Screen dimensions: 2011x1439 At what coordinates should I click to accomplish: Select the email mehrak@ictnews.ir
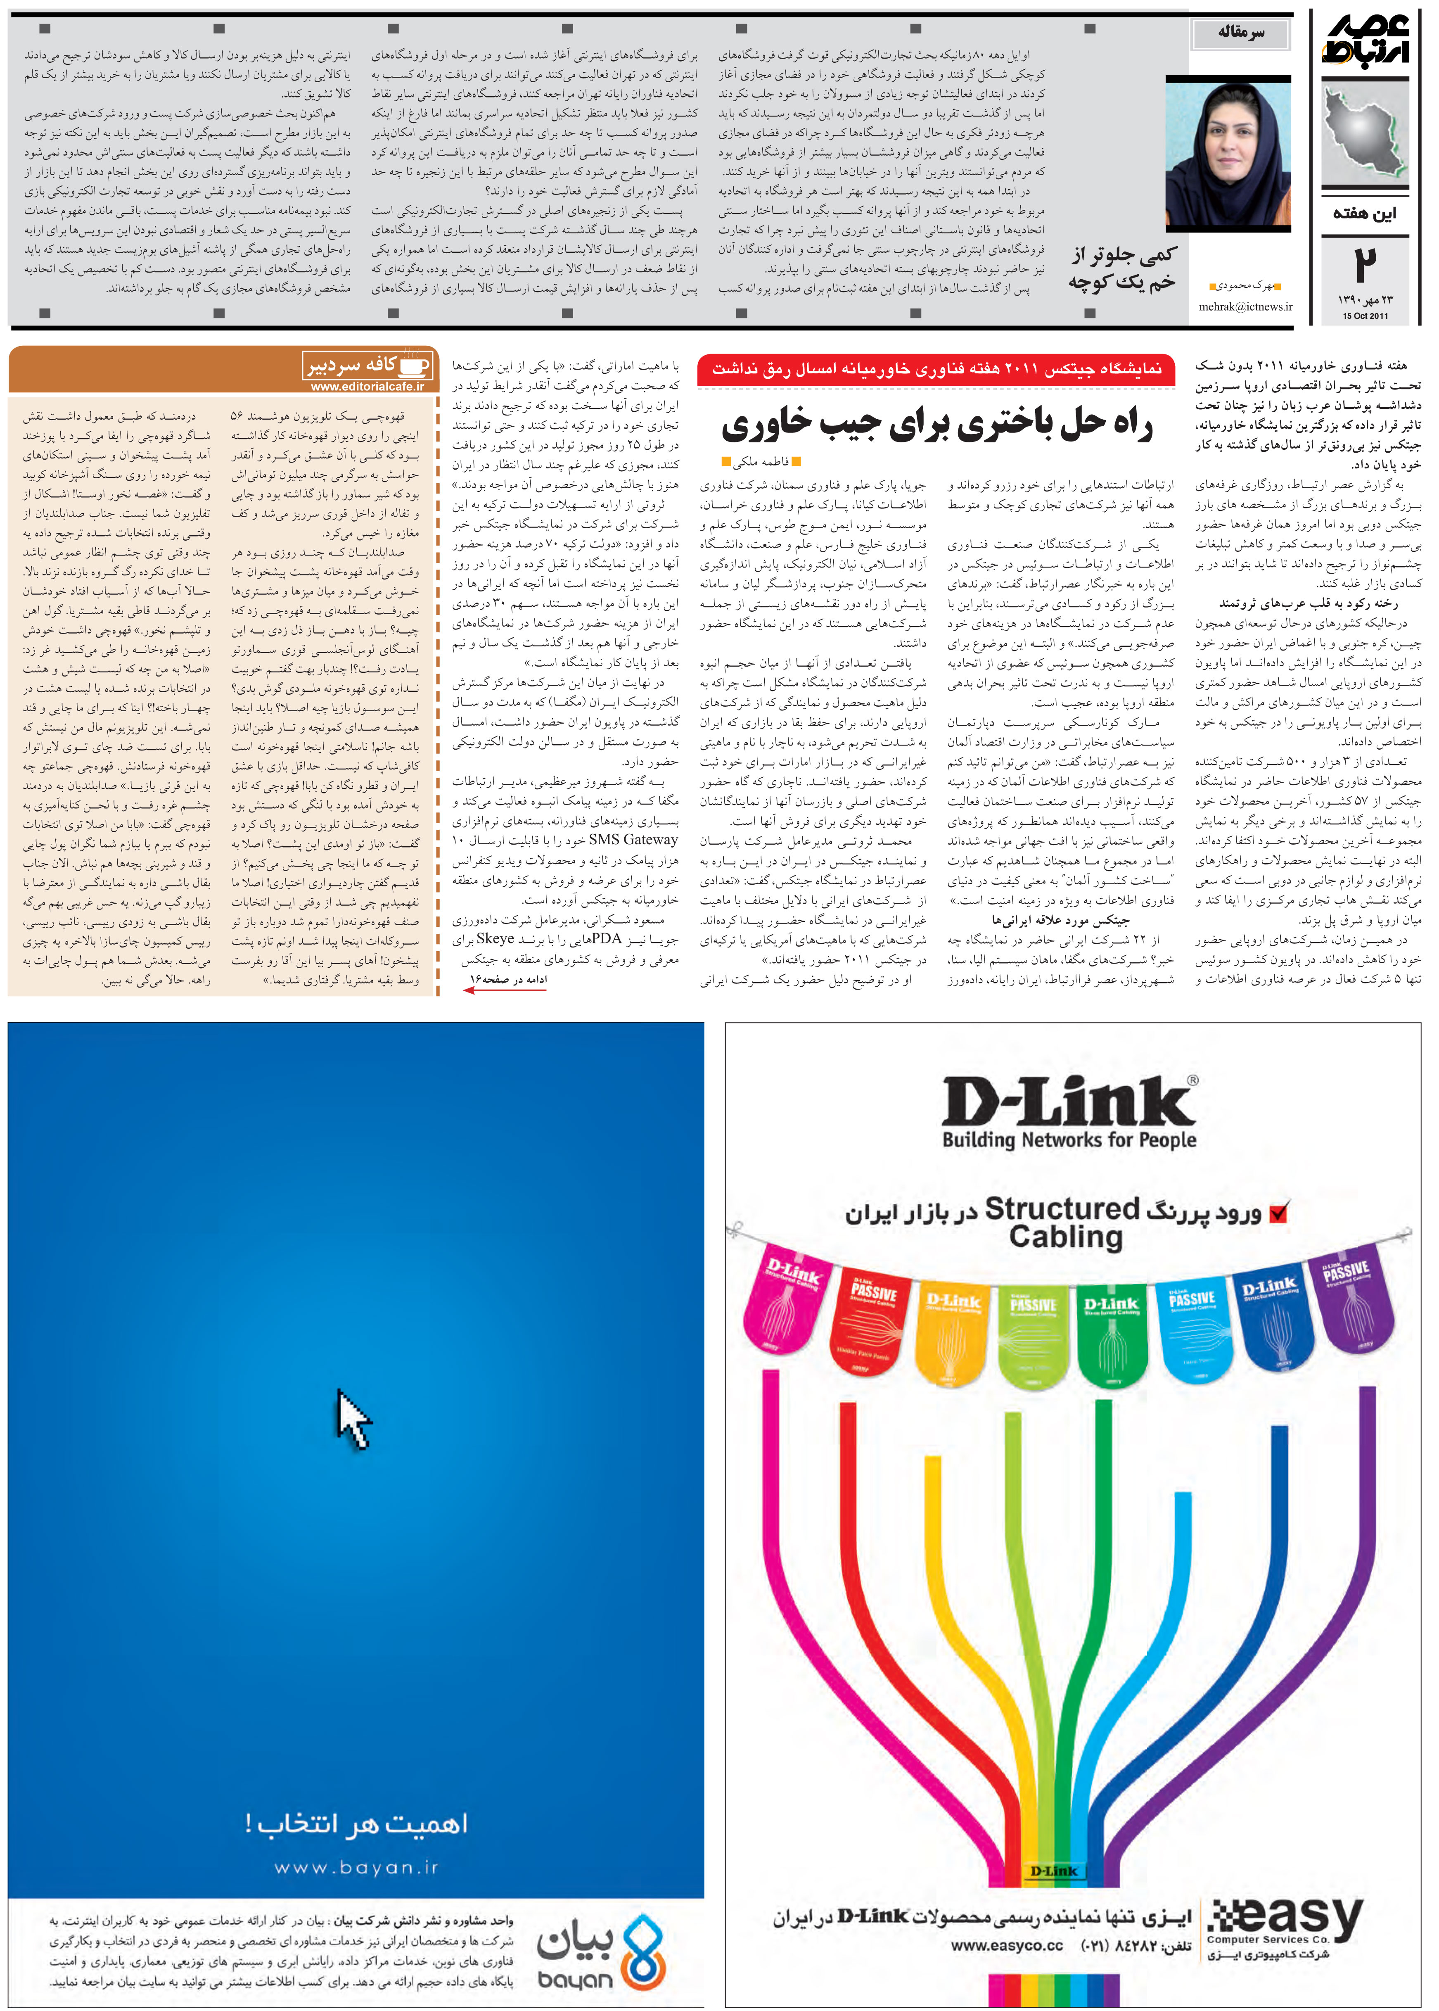1245,306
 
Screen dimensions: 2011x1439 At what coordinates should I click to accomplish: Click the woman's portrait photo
1227,155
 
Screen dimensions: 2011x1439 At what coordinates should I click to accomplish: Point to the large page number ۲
1366,264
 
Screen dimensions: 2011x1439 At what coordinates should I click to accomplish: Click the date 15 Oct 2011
1365,316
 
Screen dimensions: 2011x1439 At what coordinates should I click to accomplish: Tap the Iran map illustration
1365,133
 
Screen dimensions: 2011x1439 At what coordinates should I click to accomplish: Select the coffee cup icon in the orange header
415,365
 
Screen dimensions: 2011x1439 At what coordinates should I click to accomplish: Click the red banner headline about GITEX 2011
936,369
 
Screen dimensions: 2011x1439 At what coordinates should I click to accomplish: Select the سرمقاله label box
1240,33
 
